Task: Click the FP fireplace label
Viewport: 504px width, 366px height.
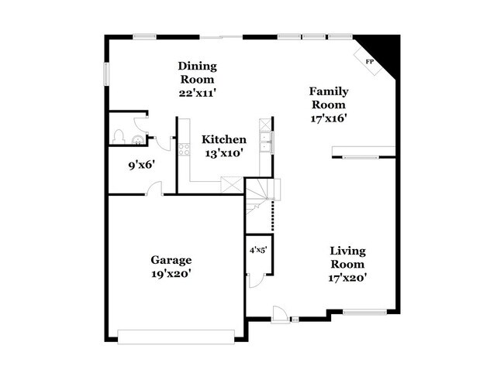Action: click(369, 61)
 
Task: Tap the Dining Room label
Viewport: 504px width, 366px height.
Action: click(197, 73)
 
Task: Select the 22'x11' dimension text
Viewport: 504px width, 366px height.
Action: click(197, 92)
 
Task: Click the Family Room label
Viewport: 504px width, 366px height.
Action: click(328, 97)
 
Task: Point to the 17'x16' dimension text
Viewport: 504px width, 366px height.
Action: click(328, 118)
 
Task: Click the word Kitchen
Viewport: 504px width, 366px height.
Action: click(224, 140)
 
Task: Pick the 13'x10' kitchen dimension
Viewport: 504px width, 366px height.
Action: click(224, 153)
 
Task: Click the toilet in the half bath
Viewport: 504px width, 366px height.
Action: click(119, 138)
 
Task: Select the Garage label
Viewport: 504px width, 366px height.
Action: click(171, 260)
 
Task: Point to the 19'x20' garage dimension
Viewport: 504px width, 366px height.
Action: click(171, 273)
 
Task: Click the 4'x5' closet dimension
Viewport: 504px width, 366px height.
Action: click(257, 251)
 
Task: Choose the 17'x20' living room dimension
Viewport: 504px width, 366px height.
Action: click(348, 277)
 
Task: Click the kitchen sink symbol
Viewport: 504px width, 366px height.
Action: click(265, 141)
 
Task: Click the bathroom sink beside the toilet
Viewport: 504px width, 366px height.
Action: click(138, 140)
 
